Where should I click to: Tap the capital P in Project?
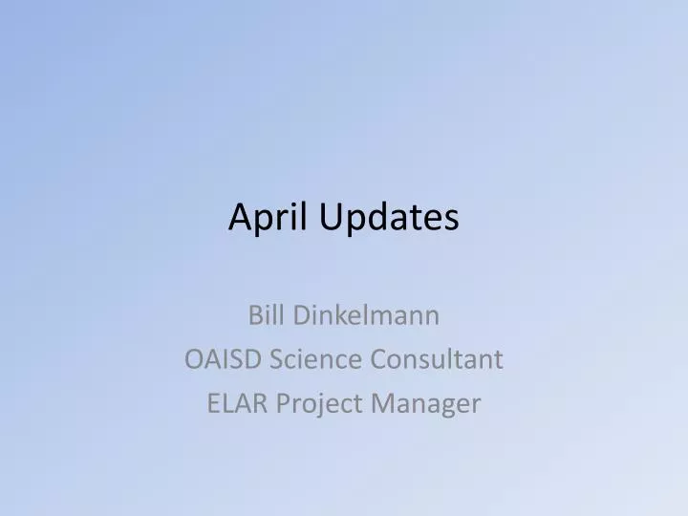click(x=283, y=404)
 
